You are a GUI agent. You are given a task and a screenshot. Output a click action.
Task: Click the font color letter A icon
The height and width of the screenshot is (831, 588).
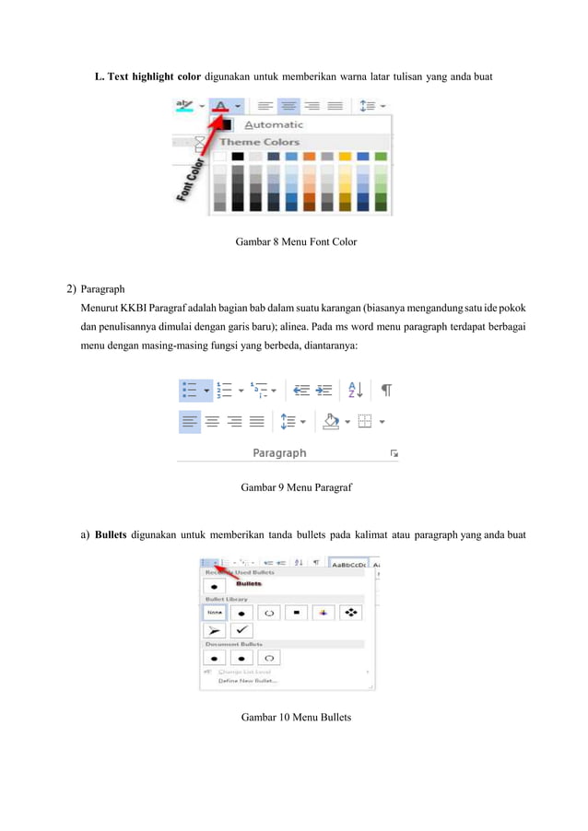coord(220,105)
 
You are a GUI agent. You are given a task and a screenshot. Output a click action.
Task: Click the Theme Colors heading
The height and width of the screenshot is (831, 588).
coord(259,142)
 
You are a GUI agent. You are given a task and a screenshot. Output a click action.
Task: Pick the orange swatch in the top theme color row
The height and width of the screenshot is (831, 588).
coord(310,157)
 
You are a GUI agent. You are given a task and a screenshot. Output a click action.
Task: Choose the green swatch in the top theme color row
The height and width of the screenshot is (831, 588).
coord(381,157)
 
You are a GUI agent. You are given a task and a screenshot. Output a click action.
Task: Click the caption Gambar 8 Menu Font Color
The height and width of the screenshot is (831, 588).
coord(296,241)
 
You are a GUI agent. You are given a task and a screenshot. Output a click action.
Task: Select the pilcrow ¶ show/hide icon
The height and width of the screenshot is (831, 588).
coord(386,391)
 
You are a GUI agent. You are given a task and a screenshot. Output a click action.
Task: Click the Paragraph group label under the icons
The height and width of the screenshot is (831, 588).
coord(279,452)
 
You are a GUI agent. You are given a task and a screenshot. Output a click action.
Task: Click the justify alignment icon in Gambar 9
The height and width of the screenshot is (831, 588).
coord(257,422)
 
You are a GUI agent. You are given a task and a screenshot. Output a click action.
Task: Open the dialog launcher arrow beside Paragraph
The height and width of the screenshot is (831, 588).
coord(394,453)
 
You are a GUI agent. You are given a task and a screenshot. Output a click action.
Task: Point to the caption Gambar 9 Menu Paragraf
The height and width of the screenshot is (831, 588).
coord(296,486)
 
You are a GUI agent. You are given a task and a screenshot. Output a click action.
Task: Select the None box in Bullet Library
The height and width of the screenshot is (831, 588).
coord(215,611)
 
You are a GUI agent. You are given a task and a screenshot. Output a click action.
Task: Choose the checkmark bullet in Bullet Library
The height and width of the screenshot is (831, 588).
coord(241,630)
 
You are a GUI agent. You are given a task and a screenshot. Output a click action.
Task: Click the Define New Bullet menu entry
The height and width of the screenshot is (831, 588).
coord(247,682)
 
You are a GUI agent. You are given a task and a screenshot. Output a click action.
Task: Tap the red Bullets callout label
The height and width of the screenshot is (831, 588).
coord(249,583)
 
